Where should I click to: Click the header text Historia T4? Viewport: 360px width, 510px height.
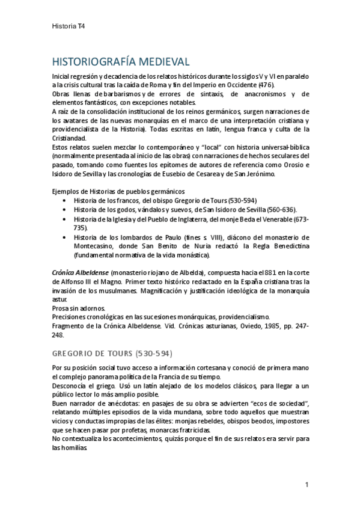(69, 26)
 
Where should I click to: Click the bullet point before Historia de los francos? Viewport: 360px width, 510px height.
(64, 200)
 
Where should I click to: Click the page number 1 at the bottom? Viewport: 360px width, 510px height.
(307, 485)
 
